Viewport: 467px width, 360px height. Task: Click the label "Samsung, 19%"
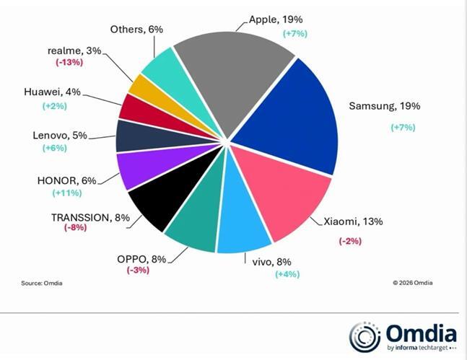coord(384,106)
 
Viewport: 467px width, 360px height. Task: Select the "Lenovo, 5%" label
coord(60,135)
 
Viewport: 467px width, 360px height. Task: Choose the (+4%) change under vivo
coord(287,273)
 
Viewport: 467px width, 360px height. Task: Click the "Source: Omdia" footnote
coord(41,283)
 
